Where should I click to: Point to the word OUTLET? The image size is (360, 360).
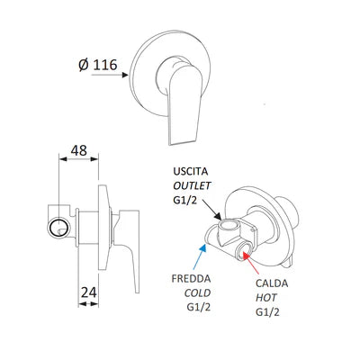coord(195,185)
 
